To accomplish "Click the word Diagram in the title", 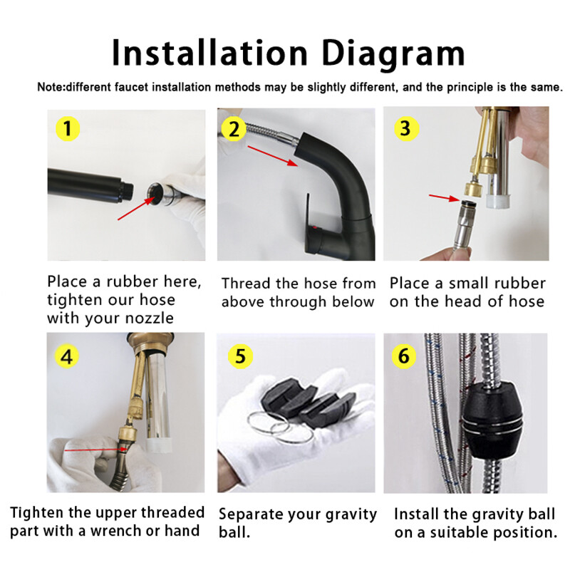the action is [393, 54].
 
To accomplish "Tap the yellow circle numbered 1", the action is [68, 128].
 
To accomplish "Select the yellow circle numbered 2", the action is [234, 129].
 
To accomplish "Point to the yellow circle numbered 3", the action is [406, 129].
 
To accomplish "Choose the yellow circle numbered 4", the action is [67, 357].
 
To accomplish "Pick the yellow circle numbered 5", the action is [240, 356].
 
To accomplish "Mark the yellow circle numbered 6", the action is [404, 356].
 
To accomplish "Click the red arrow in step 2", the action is [273, 156].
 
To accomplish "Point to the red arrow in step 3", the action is [445, 197].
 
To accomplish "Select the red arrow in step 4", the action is [96, 450].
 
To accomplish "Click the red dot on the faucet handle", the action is [315, 229].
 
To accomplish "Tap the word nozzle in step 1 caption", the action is [150, 318].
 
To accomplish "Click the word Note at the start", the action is [51, 87].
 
